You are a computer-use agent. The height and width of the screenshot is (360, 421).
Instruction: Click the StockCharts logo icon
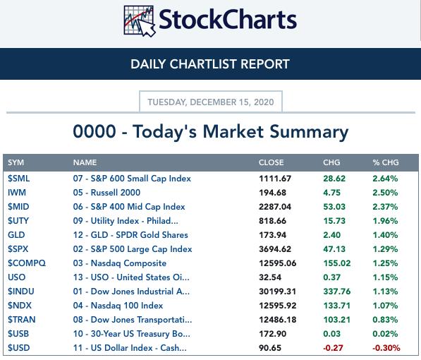[140, 21]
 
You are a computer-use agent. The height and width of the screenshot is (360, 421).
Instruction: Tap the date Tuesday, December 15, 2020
[211, 102]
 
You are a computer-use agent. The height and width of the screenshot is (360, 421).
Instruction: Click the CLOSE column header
[271, 162]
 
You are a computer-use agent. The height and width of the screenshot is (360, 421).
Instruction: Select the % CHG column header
[386, 162]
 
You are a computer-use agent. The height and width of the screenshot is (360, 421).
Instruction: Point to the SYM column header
[16, 162]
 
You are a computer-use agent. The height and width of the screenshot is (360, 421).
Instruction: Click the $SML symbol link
[18, 179]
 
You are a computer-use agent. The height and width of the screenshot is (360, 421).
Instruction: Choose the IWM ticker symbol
[17, 193]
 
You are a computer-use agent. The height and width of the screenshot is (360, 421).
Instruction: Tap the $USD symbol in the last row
[18, 348]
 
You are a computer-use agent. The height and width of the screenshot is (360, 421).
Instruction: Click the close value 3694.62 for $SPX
[275, 249]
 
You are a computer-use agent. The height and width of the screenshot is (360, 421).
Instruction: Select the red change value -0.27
[333, 348]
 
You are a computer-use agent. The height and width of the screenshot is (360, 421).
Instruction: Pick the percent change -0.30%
[386, 348]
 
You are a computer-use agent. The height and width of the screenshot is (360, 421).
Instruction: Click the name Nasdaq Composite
[128, 263]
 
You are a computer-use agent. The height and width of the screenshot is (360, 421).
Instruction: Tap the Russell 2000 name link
[116, 193]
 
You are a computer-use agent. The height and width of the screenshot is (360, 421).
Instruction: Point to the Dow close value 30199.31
[277, 292]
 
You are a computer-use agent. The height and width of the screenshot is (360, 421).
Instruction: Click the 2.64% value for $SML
[385, 179]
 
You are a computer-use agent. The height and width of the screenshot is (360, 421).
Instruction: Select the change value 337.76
[337, 292]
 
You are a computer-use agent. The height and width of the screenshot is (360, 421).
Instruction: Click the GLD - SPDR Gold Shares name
[140, 235]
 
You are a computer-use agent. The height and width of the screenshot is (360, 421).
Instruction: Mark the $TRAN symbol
[21, 320]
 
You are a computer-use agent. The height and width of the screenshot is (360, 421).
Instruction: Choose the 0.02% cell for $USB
[385, 334]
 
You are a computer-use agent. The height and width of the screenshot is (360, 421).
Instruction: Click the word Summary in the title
[309, 132]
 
